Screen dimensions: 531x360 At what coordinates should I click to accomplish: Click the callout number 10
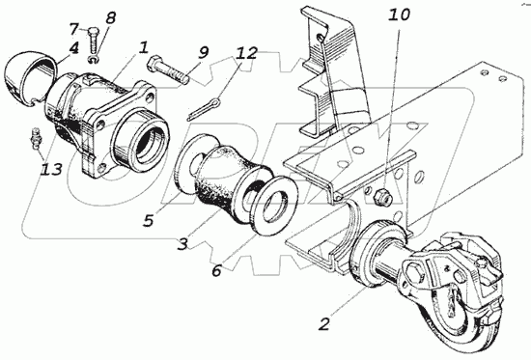(x=399, y=14)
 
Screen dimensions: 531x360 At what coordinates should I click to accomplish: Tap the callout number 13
(x=51, y=169)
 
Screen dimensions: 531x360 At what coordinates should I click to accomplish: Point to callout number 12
(x=247, y=53)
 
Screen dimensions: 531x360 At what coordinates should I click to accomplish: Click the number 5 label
(x=148, y=220)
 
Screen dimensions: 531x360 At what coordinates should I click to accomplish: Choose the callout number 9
(x=203, y=53)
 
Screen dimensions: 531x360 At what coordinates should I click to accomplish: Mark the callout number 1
(x=144, y=47)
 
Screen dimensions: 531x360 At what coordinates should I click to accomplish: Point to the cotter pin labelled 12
(x=204, y=108)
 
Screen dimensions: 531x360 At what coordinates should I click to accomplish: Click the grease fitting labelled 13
(x=35, y=138)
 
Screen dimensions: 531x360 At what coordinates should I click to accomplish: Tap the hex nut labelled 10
(x=381, y=199)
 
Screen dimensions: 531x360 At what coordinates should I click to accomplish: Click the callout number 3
(x=182, y=244)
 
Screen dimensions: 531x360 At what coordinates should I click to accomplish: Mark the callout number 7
(x=74, y=29)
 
